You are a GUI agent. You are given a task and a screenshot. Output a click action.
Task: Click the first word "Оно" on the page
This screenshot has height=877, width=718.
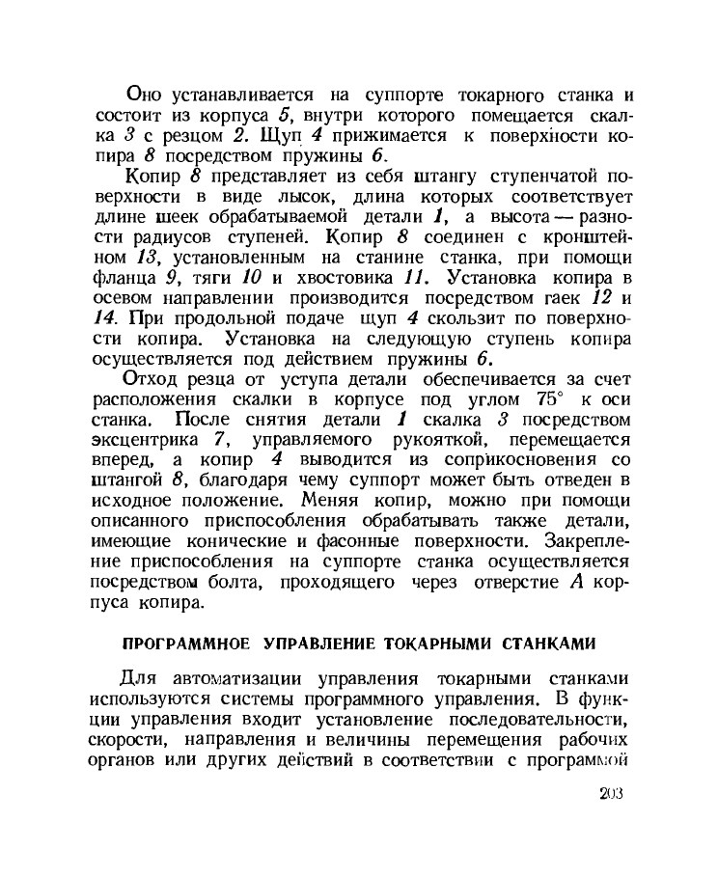[147, 95]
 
